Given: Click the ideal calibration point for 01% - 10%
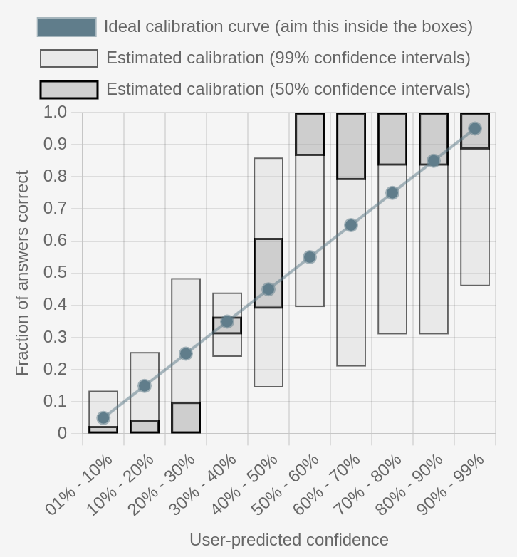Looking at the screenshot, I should pos(103,418).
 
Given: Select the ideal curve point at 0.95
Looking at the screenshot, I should pos(475,129).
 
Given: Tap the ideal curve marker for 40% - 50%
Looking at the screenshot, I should pos(268,289).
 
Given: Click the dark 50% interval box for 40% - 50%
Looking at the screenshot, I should pos(268,273).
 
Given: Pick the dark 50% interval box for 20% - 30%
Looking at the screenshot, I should pos(186,418).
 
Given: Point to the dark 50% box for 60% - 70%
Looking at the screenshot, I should pos(351,146).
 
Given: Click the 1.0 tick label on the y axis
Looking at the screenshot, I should pos(55,112).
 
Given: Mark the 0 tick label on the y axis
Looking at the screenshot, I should pos(62,433).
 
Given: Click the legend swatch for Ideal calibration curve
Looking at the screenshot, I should pos(66,27).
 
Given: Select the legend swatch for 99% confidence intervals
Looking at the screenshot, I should pos(69,58).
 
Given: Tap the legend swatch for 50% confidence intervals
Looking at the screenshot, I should pos(69,90).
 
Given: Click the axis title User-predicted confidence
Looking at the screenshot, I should pos(288,540).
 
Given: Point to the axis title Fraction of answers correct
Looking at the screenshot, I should pos(22,273).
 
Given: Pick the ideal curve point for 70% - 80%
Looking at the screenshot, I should pos(392,193).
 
